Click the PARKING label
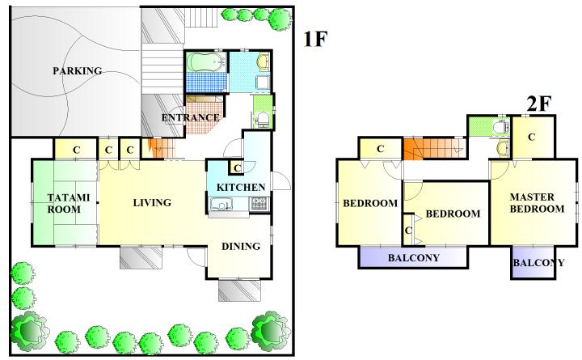(x=78, y=70)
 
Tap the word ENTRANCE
(x=191, y=118)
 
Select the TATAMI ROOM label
(x=69, y=203)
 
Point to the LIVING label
(x=152, y=202)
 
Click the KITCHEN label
(x=241, y=187)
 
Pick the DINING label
(x=241, y=246)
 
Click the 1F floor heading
(x=315, y=39)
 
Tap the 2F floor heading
(x=538, y=104)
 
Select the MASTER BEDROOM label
(x=537, y=203)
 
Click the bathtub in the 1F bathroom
(x=206, y=61)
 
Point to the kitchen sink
(x=221, y=205)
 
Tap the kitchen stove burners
(x=259, y=204)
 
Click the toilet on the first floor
(x=264, y=120)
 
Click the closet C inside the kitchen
(x=237, y=168)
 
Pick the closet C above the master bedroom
(x=532, y=137)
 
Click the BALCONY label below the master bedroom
(x=538, y=263)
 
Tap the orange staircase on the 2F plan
(x=434, y=148)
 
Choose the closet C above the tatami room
(x=76, y=150)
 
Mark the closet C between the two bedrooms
(x=408, y=231)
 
